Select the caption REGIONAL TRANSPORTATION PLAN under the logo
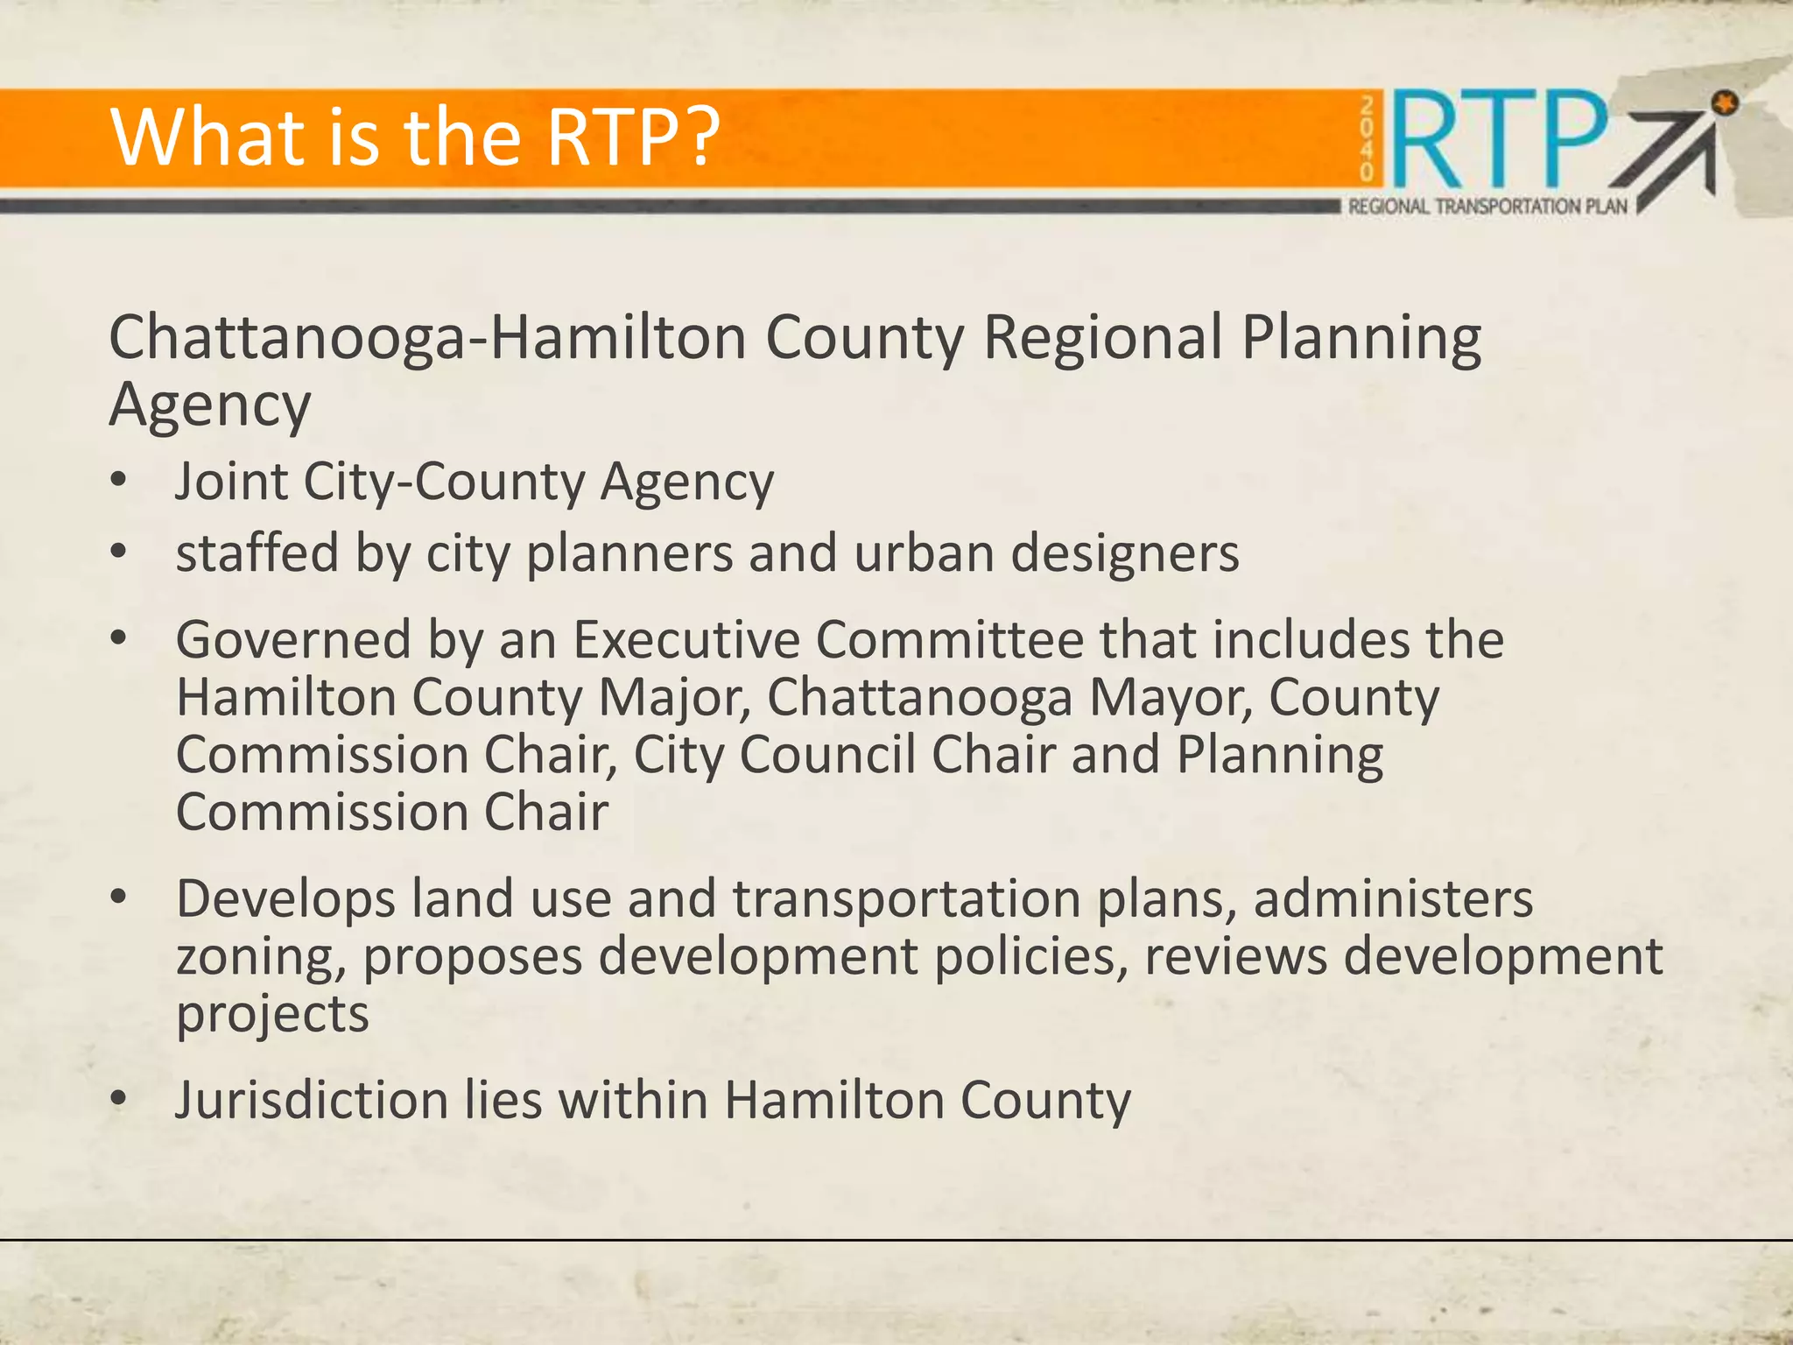1487,207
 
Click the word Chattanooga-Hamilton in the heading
426,338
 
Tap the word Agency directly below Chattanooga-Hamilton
210,405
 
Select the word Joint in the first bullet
230,482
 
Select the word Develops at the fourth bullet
285,900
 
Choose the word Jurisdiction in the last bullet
312,1101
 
